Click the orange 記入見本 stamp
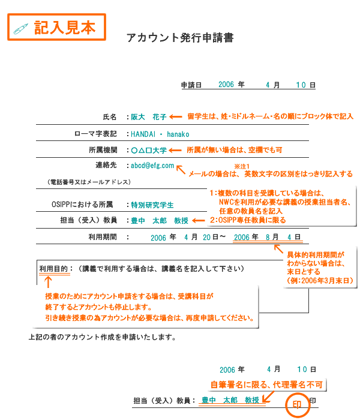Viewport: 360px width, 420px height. [56, 27]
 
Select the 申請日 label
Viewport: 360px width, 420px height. [191, 86]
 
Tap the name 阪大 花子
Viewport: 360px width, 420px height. [149, 117]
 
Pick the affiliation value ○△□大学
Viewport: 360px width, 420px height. [149, 150]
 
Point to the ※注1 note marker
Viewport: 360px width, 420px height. [241, 164]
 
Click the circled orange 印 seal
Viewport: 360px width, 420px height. [297, 404]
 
